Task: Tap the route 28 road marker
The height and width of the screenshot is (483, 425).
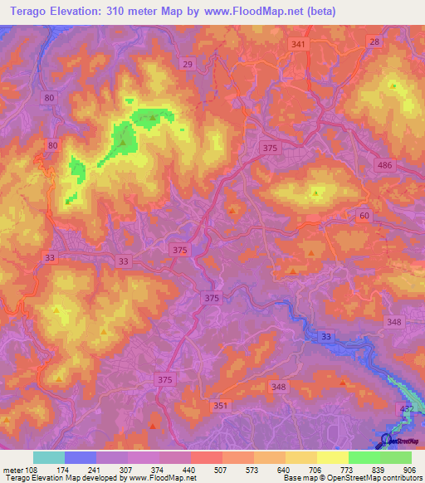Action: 374,42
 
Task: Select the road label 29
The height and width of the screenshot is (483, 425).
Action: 188,65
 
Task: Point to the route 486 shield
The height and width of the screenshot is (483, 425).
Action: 407,166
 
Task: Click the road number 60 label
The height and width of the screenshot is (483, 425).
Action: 364,216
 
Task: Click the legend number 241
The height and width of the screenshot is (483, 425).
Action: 104,469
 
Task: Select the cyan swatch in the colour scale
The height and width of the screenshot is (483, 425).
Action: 49,457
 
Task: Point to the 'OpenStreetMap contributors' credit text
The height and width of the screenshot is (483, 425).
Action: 380,478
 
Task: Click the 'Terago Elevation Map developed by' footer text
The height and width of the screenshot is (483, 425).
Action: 62,478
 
